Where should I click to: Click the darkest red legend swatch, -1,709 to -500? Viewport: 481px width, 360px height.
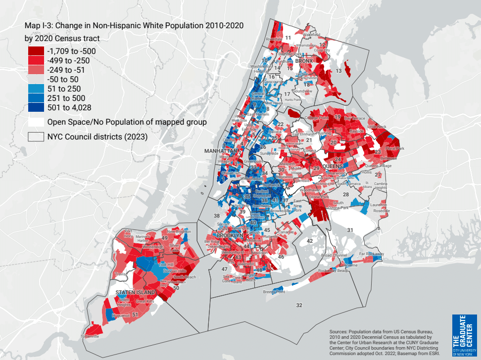coord(36,51)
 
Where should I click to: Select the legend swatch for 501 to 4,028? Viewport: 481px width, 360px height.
coord(36,107)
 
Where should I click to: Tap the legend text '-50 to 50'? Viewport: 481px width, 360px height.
coord(63,79)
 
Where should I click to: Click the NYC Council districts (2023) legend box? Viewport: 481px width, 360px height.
coord(36,136)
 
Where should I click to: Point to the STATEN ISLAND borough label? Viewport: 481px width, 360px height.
coord(132,293)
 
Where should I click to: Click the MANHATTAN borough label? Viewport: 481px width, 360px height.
coord(221,150)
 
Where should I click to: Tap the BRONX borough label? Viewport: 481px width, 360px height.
coord(304,61)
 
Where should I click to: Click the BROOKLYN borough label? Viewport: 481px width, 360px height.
coord(230,236)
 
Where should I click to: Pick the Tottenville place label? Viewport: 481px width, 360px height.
coord(90,336)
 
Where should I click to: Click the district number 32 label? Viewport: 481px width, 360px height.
coord(299,306)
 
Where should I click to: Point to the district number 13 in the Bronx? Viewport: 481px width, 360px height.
coord(339,71)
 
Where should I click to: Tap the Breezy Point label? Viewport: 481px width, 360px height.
coord(275,292)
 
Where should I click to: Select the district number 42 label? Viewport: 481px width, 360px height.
coord(310,241)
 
